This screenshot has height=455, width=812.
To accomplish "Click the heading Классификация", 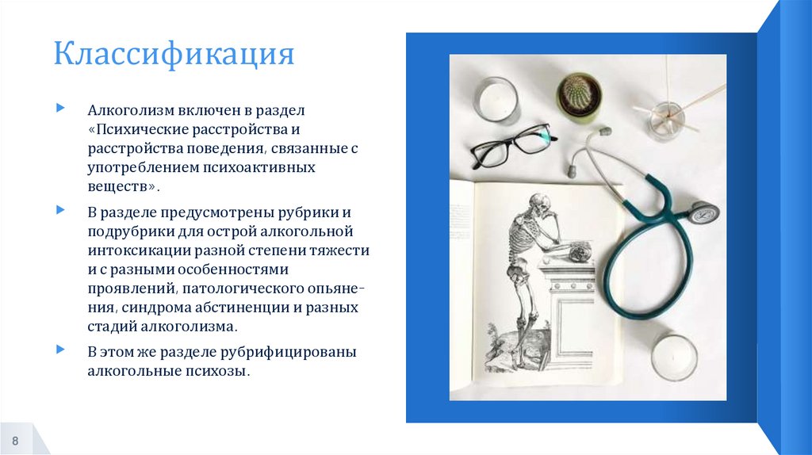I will pyautogui.click(x=174, y=55).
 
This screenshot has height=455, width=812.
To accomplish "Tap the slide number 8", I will pyautogui.click(x=15, y=440).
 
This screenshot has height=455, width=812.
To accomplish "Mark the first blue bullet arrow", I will pyautogui.click(x=60, y=106).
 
